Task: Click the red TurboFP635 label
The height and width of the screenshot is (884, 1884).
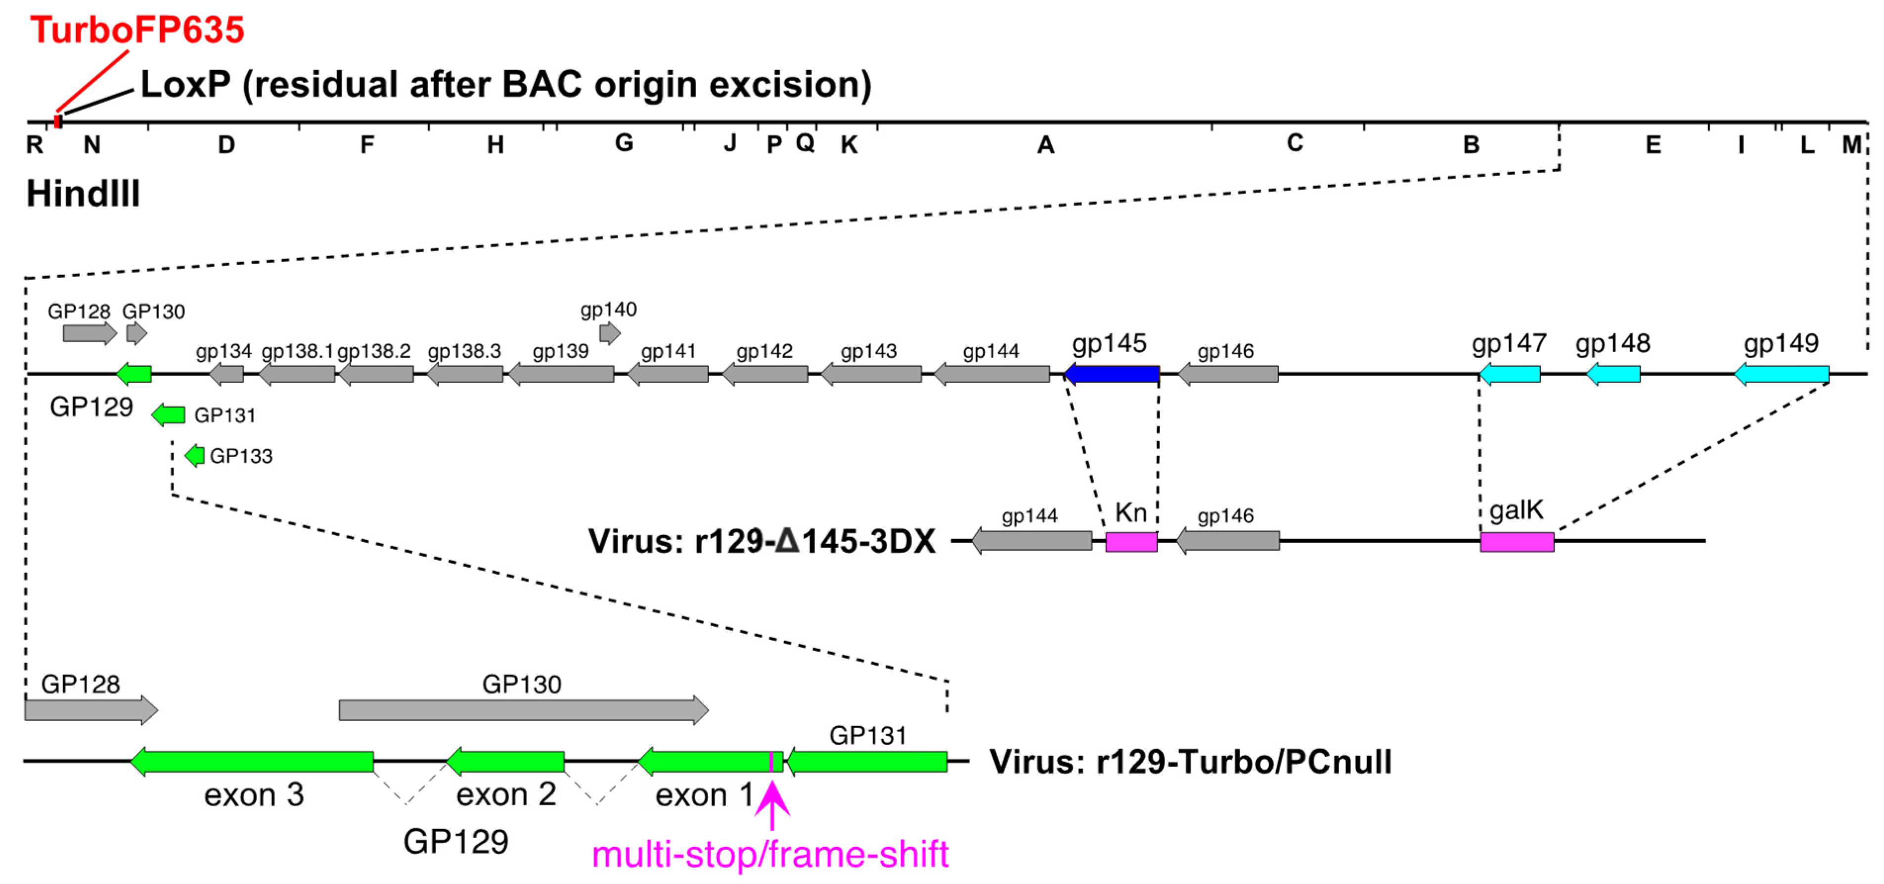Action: point(137,31)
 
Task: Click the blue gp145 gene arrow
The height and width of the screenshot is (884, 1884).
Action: point(1112,374)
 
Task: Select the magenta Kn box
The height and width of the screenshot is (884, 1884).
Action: point(1131,542)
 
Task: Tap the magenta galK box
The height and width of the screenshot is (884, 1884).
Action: point(1517,542)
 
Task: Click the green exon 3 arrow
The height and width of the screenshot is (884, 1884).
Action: point(252,761)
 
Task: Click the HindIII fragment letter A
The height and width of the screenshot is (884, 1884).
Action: point(1046,145)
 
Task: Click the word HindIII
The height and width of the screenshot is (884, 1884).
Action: point(83,194)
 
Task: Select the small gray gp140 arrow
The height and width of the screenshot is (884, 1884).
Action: point(609,334)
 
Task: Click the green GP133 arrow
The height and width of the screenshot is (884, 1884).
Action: point(194,456)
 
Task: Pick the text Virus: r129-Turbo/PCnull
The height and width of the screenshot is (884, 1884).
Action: point(1190,762)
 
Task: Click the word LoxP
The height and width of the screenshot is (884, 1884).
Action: point(185,85)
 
